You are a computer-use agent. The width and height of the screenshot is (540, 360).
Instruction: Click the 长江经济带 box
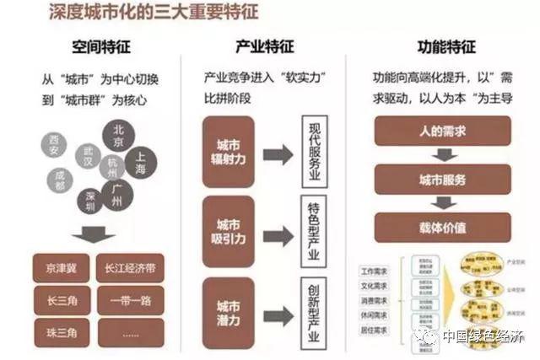(129, 269)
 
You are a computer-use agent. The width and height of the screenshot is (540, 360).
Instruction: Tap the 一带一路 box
(129, 299)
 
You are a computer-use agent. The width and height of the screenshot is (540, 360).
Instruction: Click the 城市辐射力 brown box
(229, 153)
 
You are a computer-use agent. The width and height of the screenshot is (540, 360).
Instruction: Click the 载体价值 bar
(442, 227)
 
